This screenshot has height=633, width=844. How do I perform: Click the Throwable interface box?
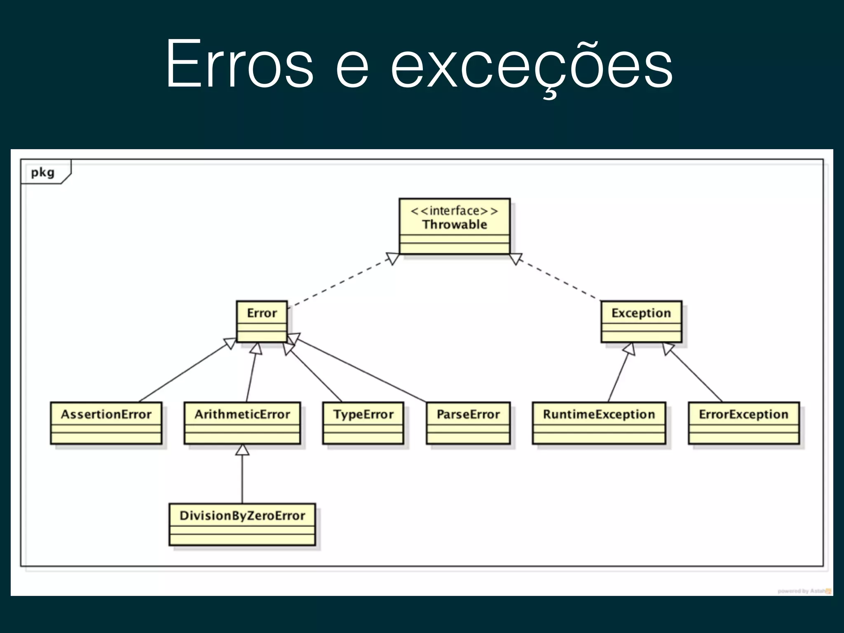tap(455, 226)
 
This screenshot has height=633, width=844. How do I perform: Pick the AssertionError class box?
tap(106, 423)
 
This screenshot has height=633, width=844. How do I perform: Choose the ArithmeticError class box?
tap(242, 423)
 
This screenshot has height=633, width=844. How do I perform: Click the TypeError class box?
tap(363, 423)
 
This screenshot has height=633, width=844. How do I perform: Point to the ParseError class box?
tap(468, 423)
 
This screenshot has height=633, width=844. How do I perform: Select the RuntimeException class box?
tap(599, 423)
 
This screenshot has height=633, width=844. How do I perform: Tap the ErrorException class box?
tap(743, 423)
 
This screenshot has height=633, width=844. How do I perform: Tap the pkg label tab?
tap(43, 172)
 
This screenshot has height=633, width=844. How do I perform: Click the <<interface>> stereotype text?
tap(455, 211)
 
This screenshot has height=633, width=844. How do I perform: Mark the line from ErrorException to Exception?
tap(696, 375)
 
